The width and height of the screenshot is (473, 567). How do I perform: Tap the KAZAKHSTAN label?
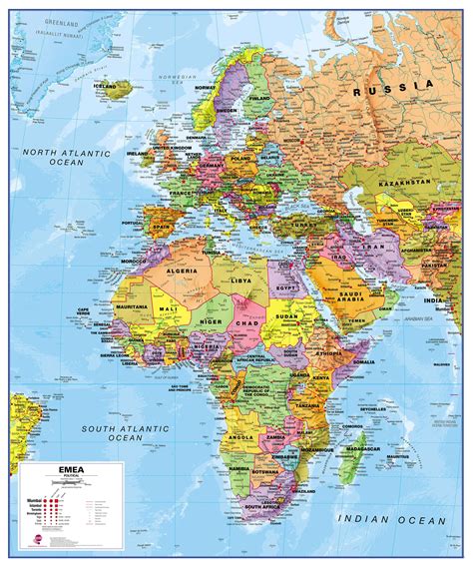coord(403,184)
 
